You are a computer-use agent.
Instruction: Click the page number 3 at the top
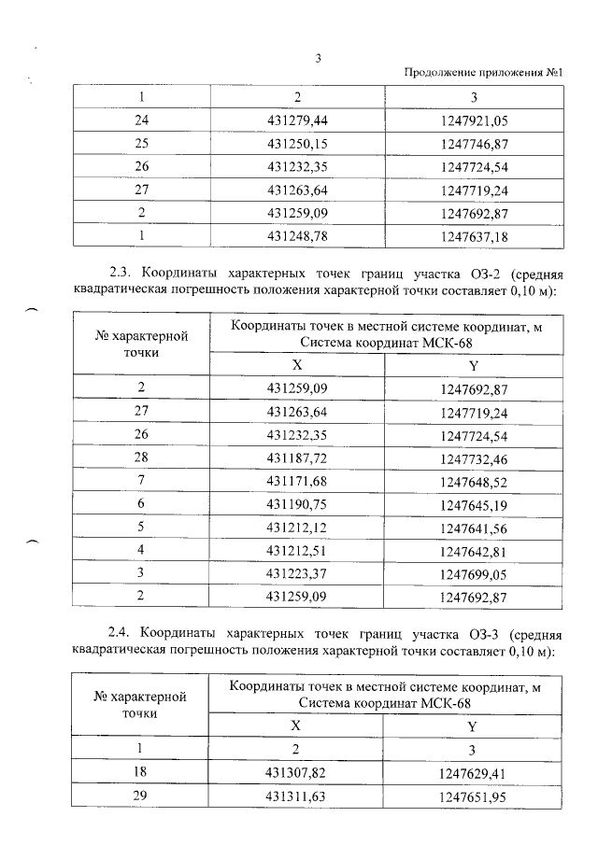[319, 58]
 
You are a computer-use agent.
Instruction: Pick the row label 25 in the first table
[142, 144]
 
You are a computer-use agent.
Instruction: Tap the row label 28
[142, 461]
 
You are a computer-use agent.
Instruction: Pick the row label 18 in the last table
[142, 773]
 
